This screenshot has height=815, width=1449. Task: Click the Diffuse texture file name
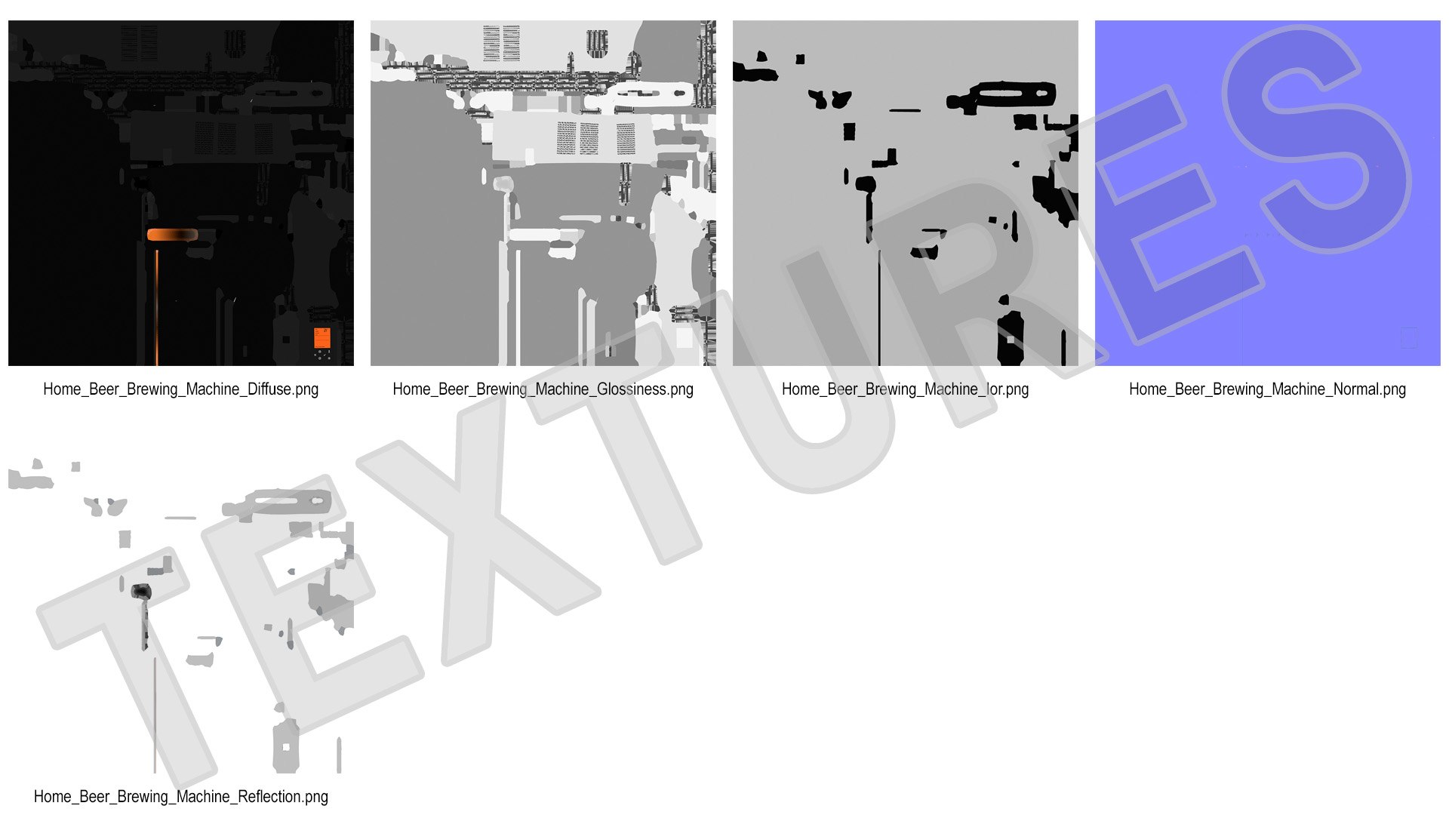click(180, 389)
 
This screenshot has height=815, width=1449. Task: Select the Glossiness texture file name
click(543, 389)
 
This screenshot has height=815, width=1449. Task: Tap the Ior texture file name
click(905, 389)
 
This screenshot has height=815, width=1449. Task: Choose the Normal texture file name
click(1267, 389)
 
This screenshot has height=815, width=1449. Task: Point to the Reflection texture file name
click(180, 797)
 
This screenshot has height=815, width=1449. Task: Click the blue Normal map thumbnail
click(1267, 193)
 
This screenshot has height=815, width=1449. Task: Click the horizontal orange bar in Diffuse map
click(173, 235)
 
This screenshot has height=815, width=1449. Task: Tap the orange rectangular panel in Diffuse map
click(322, 337)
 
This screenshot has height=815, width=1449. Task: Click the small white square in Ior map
click(1011, 340)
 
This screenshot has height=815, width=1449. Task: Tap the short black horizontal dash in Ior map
click(905, 110)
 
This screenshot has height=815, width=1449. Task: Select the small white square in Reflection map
click(286, 748)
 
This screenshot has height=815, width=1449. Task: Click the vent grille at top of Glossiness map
click(502, 43)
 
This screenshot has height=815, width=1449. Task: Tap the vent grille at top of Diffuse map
click(140, 43)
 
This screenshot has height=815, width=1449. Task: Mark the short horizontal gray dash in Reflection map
click(180, 518)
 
